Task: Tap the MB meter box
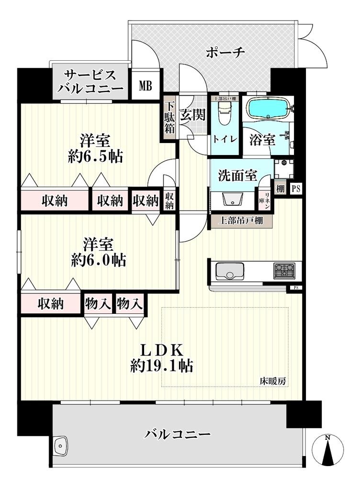[x=146, y=86]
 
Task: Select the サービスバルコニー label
[x=90, y=82]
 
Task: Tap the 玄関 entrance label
[x=192, y=115]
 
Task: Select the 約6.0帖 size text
[x=99, y=260]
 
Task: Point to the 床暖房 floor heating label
[x=273, y=381]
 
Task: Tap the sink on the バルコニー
[x=61, y=446]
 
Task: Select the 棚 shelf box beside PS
[x=280, y=189]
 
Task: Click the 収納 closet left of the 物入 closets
[x=51, y=303]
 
